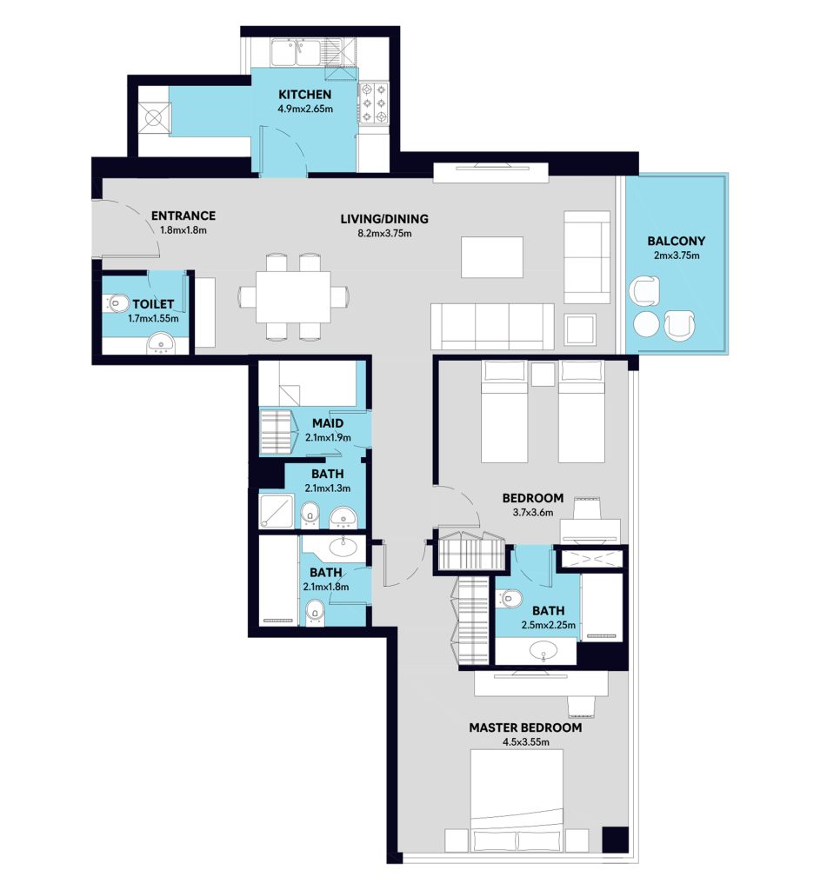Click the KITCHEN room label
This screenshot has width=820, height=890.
pos(304,94)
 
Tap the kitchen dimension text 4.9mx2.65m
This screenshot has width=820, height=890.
pos(305,109)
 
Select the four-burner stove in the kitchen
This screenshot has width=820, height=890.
pos(374,103)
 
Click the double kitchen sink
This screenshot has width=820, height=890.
pos(296,52)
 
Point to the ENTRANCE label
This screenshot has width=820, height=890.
pos(183,216)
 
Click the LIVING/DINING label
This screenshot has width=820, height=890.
pos(384,218)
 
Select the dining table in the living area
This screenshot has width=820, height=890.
pos(293,297)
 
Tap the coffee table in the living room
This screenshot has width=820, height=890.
pos(492,257)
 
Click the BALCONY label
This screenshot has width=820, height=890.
pos(677,241)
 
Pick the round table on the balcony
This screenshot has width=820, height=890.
pos(646,324)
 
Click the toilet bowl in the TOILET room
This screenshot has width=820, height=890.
pos(116,303)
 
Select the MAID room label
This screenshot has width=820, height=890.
pos(328,423)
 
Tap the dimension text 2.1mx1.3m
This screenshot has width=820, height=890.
pos(328,488)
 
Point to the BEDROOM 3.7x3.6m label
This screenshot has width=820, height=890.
pos(533,498)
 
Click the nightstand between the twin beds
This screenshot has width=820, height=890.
pos(543,375)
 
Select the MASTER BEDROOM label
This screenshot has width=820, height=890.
pos(525,727)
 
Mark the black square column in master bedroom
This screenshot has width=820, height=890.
pos(615,840)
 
